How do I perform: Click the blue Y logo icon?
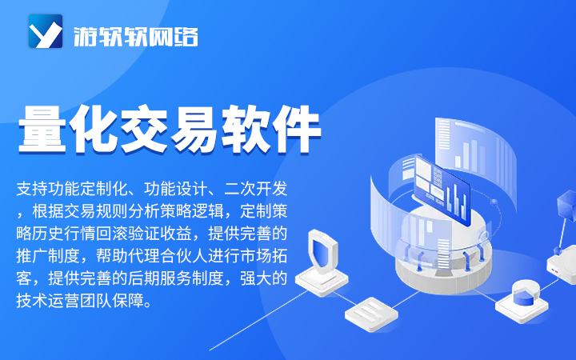point(46,31)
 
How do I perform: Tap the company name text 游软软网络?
point(136,37)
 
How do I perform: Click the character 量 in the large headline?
point(42,129)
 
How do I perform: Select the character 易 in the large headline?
point(194,129)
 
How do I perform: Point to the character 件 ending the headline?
point(296,129)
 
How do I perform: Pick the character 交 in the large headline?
point(144,129)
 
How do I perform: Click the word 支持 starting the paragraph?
point(32,189)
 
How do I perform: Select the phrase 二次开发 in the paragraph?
point(256,189)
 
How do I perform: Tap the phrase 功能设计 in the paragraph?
point(175,189)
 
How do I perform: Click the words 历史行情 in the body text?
point(64,234)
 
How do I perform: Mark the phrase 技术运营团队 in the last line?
point(64,301)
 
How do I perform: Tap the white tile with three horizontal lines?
point(371,314)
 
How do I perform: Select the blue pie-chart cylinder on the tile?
point(523,296)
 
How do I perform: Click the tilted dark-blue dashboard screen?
point(442,190)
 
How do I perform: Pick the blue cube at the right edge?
point(567,206)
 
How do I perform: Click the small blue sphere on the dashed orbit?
point(494,202)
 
